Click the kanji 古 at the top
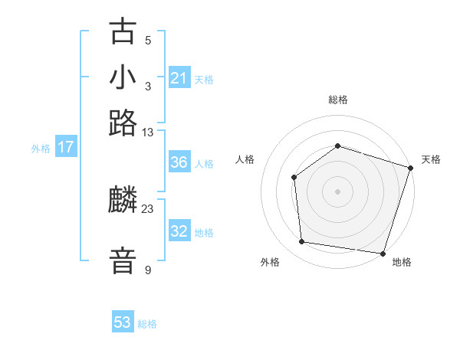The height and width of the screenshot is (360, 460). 123,32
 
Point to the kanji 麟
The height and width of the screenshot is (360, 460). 123,201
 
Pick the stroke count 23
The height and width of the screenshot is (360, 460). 148,209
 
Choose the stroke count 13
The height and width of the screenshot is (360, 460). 148,133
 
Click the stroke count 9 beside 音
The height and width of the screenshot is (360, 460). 148,270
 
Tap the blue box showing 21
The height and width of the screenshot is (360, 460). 179,78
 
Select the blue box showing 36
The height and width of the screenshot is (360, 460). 179,162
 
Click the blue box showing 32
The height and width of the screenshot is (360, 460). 179,231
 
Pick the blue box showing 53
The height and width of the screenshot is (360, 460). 123,322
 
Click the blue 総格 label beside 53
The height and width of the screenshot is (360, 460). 147,324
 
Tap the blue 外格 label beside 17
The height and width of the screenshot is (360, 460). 41,149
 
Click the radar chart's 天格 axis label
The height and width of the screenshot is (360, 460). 431,159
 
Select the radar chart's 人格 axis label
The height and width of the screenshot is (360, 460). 245,159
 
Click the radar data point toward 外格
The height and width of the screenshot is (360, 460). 302,242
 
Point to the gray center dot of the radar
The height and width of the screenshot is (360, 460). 337,191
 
